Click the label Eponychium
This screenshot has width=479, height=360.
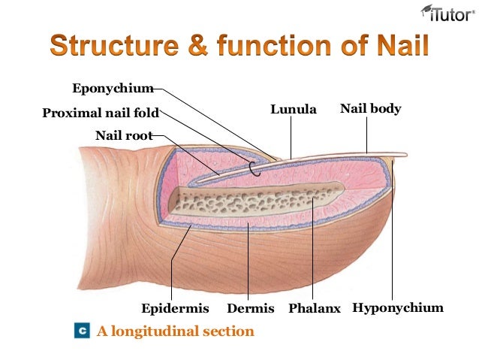[x=113, y=89]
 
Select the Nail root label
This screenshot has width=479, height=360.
[x=124, y=136]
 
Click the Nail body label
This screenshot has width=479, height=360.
[x=371, y=109]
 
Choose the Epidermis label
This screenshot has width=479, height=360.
[x=174, y=309]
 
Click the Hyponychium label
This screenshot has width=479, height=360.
[x=398, y=309]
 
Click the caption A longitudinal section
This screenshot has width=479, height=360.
[x=175, y=331]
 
